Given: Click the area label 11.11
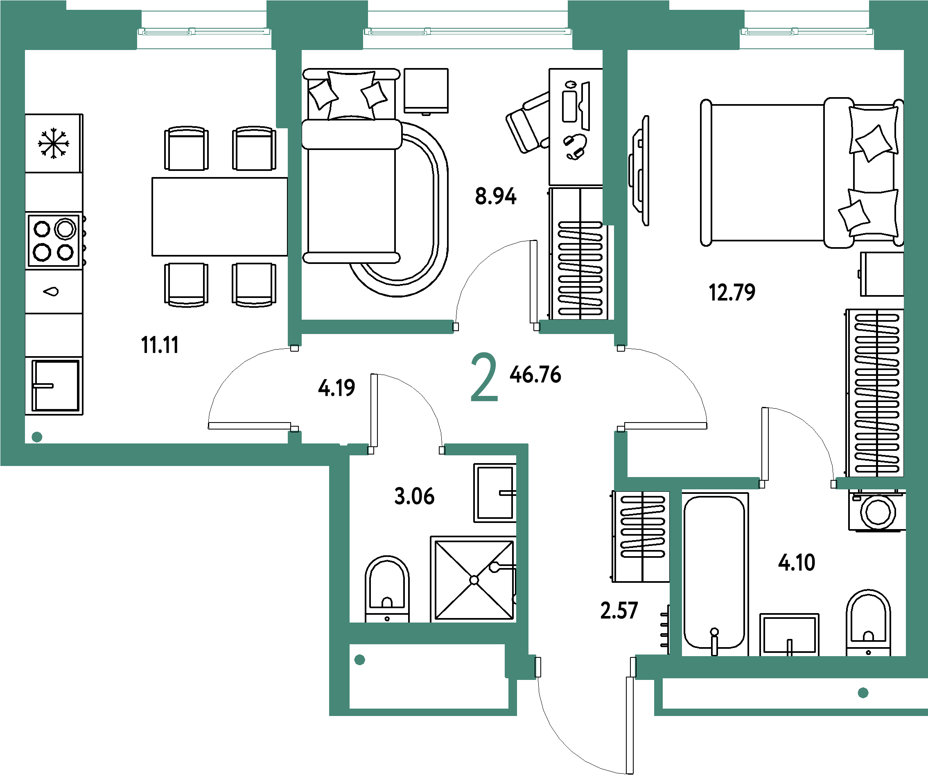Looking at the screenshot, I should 160,345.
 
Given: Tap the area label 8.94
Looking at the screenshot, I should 495,196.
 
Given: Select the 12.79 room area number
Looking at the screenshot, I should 732,292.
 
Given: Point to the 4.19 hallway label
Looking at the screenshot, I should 337,388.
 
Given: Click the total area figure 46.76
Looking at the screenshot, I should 535,374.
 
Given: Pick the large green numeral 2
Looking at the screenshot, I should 484,377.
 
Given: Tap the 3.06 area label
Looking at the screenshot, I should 414,496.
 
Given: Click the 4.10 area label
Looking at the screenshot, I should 797,563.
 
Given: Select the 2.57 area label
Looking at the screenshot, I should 619,610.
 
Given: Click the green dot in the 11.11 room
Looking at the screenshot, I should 37,437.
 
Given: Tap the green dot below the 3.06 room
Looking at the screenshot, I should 360,660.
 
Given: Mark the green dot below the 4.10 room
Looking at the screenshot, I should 863,693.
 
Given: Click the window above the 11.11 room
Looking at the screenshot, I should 204,32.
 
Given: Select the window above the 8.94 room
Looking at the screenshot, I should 467,32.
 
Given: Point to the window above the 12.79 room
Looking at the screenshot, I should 806,32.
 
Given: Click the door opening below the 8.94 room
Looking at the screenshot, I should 496,327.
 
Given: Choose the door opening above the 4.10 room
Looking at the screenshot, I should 798,484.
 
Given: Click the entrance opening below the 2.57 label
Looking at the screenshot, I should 585,667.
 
